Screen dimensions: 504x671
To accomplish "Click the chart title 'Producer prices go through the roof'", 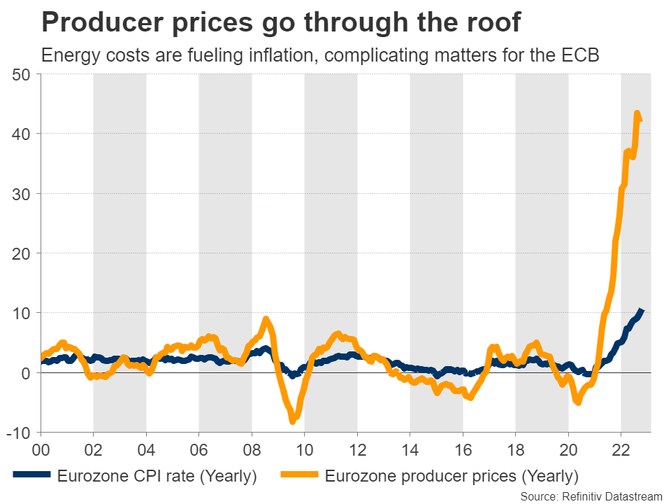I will pyautogui.click(x=281, y=23).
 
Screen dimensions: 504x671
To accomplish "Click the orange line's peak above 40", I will pyautogui.click(x=637, y=113).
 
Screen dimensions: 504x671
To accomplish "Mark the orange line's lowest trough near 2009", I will pyautogui.click(x=293, y=421).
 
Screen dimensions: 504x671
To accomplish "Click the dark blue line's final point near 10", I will pyautogui.click(x=642, y=311).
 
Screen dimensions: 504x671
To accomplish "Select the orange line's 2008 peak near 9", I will pyautogui.click(x=266, y=320).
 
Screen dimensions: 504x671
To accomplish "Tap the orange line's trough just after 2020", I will pyautogui.click(x=577, y=402).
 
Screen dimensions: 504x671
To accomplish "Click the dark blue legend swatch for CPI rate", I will pyautogui.click(x=31, y=477).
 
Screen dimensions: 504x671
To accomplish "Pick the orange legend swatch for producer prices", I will pyautogui.click(x=299, y=477).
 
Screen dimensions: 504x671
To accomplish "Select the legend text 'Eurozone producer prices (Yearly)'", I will pyautogui.click(x=452, y=477).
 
